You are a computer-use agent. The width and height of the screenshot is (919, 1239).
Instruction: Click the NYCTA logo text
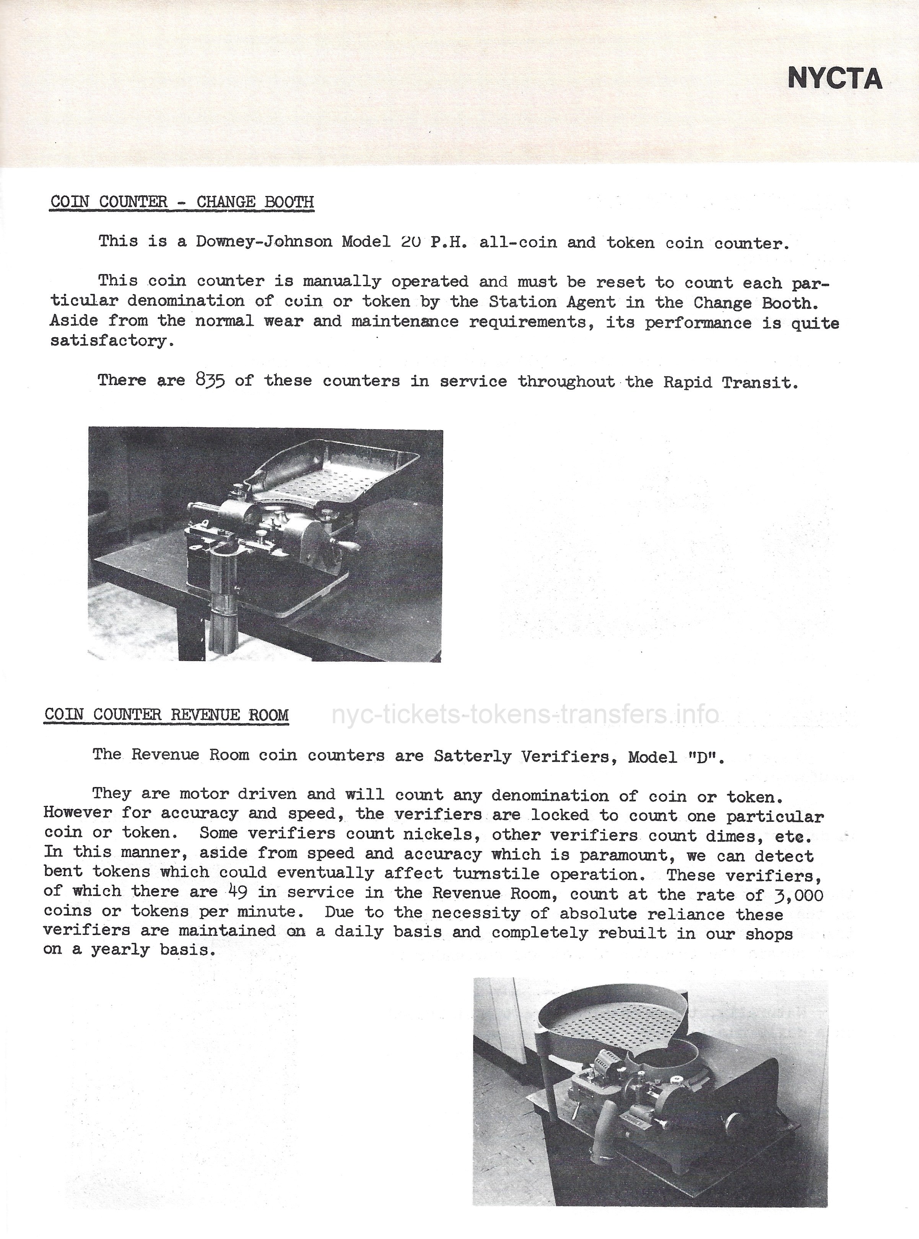coord(834,78)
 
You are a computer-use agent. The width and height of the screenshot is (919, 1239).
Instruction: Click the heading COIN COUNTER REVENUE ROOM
coord(166,715)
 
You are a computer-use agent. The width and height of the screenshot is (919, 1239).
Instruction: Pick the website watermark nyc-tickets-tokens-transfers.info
coord(525,714)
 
